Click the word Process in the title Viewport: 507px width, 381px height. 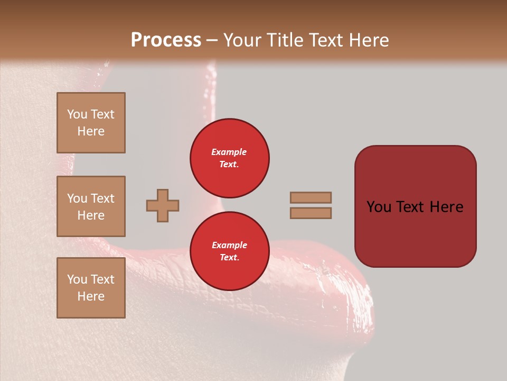(x=166, y=40)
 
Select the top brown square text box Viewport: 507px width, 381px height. (x=91, y=123)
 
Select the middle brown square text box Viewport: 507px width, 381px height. (x=91, y=206)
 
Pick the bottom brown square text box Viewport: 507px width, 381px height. (x=91, y=287)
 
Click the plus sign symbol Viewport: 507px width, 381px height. (x=163, y=205)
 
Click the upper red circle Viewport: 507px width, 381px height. (x=229, y=158)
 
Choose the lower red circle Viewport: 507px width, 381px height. (x=229, y=251)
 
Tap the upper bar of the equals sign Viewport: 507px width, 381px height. (x=311, y=197)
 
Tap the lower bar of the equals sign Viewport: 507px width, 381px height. (x=311, y=213)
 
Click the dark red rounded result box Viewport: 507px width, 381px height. (x=415, y=206)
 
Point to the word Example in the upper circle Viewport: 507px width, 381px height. (x=229, y=152)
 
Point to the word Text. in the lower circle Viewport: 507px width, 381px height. (x=229, y=257)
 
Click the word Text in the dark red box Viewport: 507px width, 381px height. (x=410, y=207)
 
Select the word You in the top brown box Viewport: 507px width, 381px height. (x=77, y=114)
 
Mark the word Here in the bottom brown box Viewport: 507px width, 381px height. (x=91, y=296)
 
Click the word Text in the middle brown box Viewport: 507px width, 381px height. (x=102, y=198)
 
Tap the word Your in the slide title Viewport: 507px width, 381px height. (x=241, y=40)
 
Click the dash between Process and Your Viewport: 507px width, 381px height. (x=212, y=41)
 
